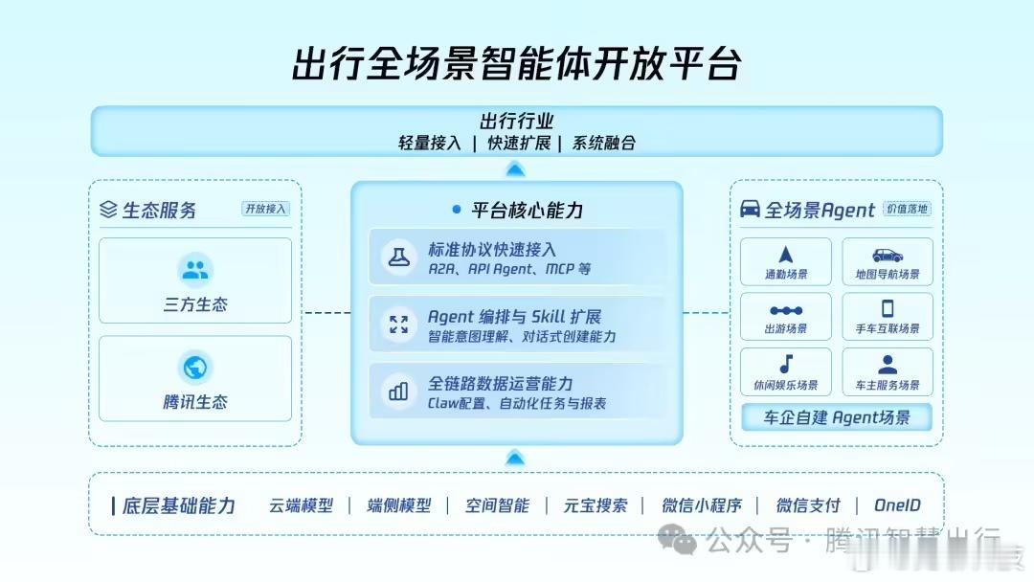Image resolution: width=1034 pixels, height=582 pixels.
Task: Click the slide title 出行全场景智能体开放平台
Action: click(x=517, y=63)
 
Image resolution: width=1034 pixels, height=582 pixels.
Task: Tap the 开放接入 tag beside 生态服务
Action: click(x=265, y=209)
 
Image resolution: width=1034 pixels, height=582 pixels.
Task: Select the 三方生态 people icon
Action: click(x=195, y=270)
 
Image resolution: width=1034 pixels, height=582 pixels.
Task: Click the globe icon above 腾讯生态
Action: click(x=195, y=368)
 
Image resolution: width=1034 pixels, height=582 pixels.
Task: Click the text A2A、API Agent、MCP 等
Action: click(x=509, y=269)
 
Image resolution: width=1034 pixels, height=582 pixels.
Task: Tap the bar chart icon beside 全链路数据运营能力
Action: click(x=398, y=391)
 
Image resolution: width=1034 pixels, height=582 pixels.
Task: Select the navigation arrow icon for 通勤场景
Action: click(x=786, y=255)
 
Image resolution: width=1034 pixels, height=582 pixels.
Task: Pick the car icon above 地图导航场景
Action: click(x=888, y=255)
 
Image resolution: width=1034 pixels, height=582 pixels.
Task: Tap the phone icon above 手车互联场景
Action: click(x=888, y=308)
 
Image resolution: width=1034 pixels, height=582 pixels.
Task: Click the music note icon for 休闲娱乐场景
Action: click(x=786, y=364)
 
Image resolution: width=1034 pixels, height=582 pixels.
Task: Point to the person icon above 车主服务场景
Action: click(x=888, y=364)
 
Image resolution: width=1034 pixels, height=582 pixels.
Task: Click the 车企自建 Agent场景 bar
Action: click(x=837, y=417)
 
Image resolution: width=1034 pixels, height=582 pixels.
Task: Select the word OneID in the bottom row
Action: click(x=897, y=505)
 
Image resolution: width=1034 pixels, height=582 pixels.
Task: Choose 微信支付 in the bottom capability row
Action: click(x=808, y=505)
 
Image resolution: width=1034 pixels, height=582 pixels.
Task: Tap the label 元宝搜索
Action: click(x=596, y=505)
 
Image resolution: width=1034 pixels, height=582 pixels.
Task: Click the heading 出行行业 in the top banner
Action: click(x=517, y=122)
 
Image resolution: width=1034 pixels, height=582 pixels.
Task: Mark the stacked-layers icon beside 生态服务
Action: click(x=108, y=210)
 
